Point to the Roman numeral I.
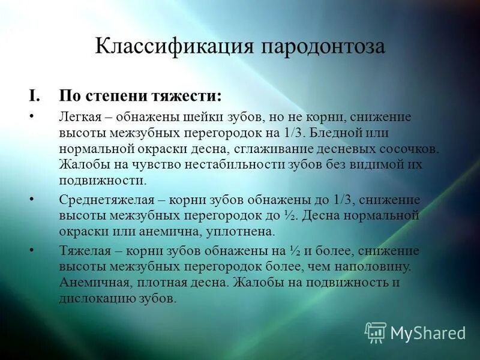pos(34,96)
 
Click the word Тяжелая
pos(85,251)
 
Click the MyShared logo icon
pos(376,331)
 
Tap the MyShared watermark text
pos(428,332)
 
